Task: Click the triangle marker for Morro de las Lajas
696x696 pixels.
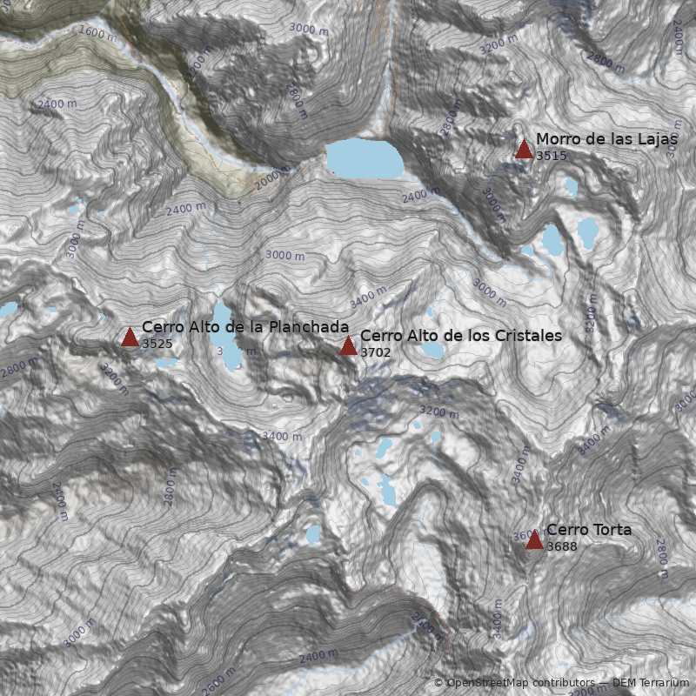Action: [524, 149]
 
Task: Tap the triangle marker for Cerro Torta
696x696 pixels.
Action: [534, 540]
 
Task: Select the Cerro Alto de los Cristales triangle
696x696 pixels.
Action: [348, 345]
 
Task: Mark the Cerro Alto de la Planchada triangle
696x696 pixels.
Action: [130, 338]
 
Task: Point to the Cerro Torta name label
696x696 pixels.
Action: [589, 530]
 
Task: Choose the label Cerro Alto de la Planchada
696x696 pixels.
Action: [245, 327]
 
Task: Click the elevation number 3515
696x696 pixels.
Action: [551, 157]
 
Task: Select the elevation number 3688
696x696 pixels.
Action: [561, 546]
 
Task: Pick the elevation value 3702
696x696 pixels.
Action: [375, 352]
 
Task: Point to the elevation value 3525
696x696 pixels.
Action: [157, 345]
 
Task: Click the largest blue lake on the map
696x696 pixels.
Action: [365, 159]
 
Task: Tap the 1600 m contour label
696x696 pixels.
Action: [97, 34]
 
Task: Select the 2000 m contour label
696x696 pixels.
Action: [272, 177]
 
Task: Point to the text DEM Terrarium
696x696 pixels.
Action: [651, 683]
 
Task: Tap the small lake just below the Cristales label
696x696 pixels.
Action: [432, 350]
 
